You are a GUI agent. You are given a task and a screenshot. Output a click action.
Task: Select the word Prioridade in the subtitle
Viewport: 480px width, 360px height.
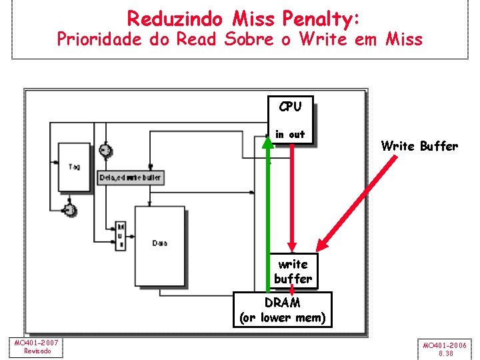pos(100,39)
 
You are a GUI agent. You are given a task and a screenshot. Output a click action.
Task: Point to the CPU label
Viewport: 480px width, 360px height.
pos(290,107)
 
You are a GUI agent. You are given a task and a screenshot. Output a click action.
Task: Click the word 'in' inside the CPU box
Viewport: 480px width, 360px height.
pos(279,135)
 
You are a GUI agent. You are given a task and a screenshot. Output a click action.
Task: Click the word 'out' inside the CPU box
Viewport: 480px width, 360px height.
pos(297,135)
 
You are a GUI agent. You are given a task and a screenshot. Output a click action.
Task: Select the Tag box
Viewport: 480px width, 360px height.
pos(74,167)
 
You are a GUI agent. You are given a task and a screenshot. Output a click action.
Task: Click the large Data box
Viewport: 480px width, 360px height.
pos(159,243)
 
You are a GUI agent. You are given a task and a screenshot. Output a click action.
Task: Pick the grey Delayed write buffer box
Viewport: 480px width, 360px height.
pos(131,178)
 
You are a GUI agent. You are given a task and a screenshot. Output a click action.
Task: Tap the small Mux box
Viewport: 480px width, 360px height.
pos(121,235)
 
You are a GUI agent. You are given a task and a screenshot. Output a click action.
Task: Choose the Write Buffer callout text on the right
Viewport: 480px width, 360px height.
pos(419,146)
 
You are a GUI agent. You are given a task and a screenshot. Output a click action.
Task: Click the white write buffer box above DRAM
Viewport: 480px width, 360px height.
pos(293,271)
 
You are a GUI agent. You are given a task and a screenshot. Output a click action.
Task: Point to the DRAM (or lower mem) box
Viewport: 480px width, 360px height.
pos(283,310)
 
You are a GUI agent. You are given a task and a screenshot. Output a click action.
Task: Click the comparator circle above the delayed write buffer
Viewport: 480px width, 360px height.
pos(105,150)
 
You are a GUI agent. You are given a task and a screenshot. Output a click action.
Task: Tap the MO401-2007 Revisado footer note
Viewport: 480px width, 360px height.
pos(37,347)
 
